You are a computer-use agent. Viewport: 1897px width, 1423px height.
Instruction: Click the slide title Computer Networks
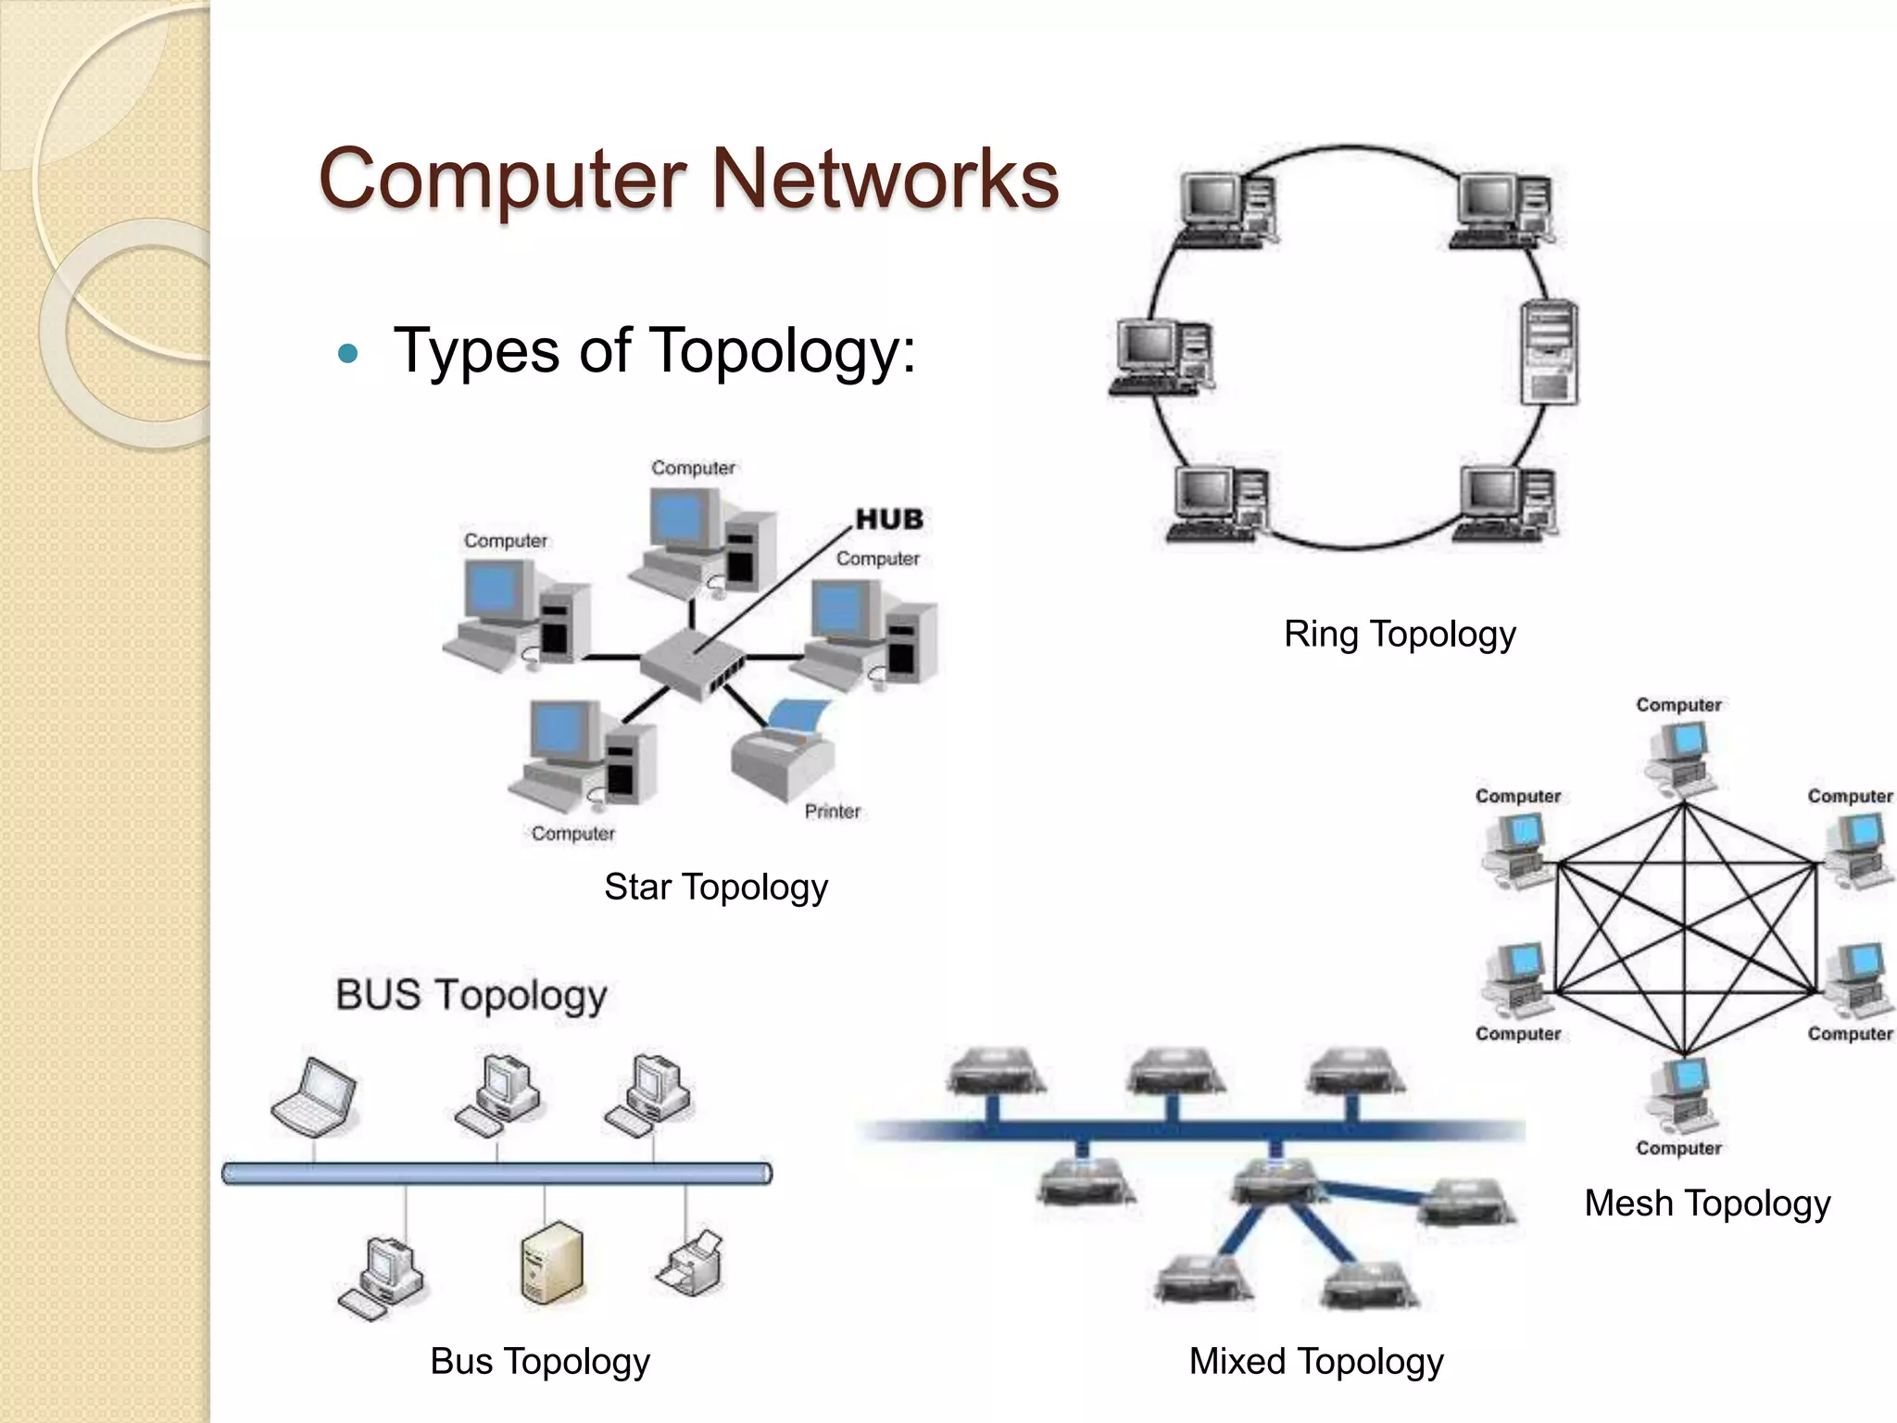point(688,179)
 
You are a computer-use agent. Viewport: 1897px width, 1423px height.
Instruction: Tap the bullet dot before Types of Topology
point(348,353)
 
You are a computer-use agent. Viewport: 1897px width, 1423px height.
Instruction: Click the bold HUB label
point(889,519)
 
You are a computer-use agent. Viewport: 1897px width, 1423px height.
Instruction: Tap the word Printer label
point(832,812)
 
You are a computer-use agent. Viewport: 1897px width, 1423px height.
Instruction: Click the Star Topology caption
point(715,887)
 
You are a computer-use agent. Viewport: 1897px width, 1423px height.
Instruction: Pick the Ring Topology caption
point(1400,635)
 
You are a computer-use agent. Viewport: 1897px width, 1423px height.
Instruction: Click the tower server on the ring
point(1549,352)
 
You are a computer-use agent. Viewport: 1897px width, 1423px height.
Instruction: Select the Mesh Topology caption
point(1707,1203)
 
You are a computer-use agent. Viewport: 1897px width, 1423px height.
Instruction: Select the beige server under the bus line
point(551,1264)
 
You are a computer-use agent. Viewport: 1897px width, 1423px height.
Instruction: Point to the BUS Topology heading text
point(471,996)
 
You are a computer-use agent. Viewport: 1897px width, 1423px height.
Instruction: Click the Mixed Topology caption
point(1315,1362)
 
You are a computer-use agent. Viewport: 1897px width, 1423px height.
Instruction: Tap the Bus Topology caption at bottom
point(540,1362)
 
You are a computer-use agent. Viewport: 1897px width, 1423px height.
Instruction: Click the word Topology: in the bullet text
point(783,352)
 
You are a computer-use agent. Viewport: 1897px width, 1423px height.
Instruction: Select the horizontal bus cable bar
point(496,1174)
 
